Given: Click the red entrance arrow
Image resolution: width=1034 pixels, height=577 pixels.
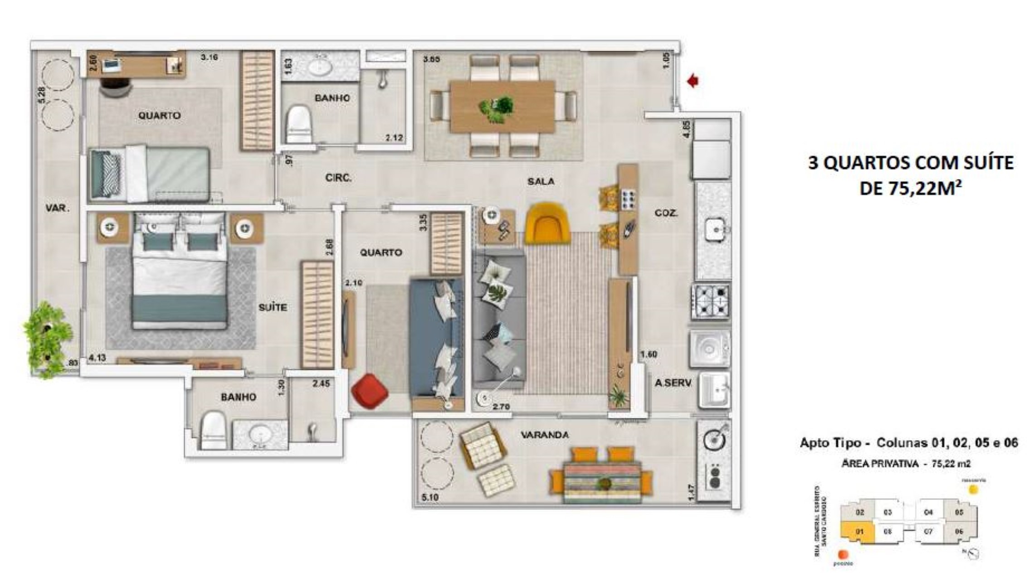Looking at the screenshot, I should (693, 81).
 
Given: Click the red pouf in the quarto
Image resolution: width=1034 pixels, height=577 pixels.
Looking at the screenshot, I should (370, 391).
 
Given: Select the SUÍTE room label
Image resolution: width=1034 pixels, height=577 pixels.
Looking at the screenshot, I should (273, 308).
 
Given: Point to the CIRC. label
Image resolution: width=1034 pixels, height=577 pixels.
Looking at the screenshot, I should (338, 178).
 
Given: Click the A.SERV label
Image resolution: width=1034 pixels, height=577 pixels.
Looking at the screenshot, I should (673, 383).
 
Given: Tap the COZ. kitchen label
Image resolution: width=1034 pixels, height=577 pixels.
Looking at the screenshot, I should (666, 213).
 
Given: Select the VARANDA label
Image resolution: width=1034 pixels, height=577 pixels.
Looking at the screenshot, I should (544, 435).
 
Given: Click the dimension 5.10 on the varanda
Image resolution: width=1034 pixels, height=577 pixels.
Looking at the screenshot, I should (430, 497).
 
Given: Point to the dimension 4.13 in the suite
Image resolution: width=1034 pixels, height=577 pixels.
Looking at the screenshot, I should (97, 358).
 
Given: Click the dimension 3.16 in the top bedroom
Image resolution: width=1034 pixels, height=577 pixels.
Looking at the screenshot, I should (210, 57).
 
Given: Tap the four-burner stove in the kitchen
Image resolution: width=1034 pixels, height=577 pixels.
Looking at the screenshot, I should (710, 301).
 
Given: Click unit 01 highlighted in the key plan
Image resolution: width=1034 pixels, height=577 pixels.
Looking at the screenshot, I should (858, 531).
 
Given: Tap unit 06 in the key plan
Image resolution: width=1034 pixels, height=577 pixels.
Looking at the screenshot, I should (959, 531).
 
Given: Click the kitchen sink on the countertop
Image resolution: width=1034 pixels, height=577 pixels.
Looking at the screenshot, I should (716, 230).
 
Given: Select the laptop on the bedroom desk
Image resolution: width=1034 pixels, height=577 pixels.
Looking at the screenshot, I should (110, 65).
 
